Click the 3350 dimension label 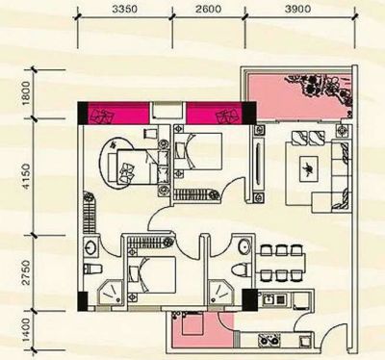tap(125, 10)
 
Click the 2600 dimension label tap(209, 10)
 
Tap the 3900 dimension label tap(297, 10)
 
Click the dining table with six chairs tap(280, 263)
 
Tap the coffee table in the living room tap(308, 168)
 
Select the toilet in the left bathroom tap(92, 269)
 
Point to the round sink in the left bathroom tap(90, 247)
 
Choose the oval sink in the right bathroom tap(244, 247)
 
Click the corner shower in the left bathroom tap(111, 293)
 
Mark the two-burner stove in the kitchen tap(269, 341)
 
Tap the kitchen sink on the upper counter tap(272, 299)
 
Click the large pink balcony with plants tap(298, 96)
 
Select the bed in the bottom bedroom tap(152, 274)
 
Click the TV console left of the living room tap(260, 164)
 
